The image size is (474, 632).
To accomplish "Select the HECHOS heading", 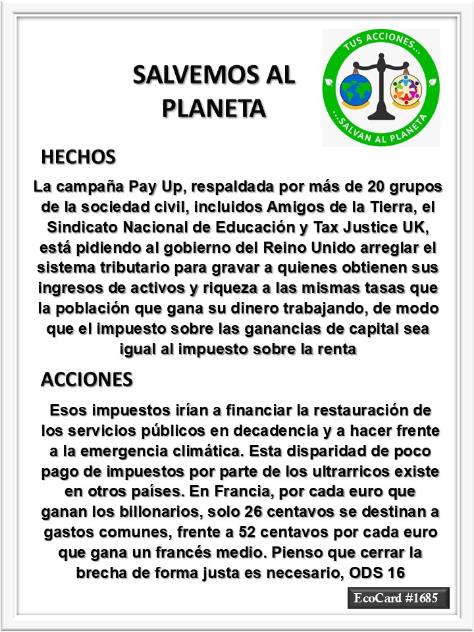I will point(78,157).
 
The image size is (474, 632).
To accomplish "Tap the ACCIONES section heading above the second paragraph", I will point(87,379).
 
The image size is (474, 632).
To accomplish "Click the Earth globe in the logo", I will point(355,89).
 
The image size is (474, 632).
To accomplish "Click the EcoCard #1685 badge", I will point(398,599).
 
